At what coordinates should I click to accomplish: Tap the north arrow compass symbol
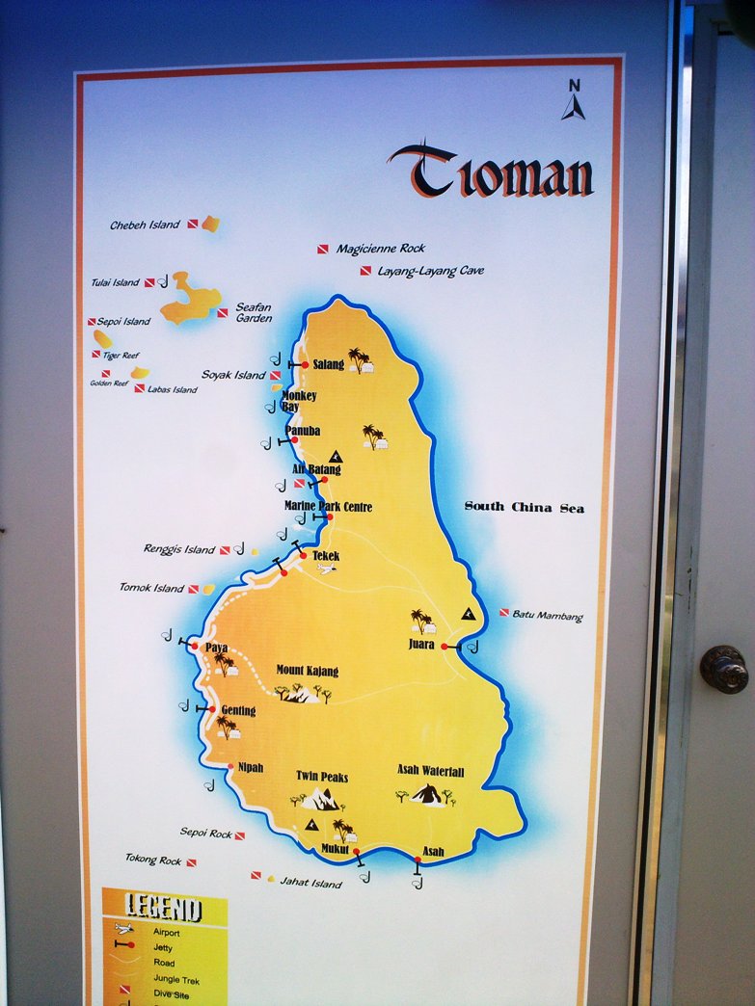(x=574, y=100)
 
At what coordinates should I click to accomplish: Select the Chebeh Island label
(x=145, y=225)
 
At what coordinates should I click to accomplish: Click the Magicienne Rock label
(x=380, y=249)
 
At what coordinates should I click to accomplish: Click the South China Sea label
(x=524, y=507)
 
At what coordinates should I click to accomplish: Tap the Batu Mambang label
(x=547, y=615)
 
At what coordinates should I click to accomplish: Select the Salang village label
(x=328, y=364)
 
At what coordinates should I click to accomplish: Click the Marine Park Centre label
(x=328, y=507)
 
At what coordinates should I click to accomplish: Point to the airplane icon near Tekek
(x=327, y=569)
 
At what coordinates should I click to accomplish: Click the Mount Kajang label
(x=307, y=671)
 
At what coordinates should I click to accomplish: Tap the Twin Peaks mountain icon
(x=321, y=799)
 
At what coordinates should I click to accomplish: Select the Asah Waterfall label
(x=430, y=772)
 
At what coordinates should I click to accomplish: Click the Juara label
(x=421, y=645)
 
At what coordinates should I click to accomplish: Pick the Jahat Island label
(x=310, y=883)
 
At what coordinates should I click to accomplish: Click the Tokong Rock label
(x=153, y=860)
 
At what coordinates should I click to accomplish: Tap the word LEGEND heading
(x=164, y=908)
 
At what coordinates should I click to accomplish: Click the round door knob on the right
(x=723, y=668)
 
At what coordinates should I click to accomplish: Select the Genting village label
(x=238, y=711)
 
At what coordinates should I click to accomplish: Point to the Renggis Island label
(x=179, y=550)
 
